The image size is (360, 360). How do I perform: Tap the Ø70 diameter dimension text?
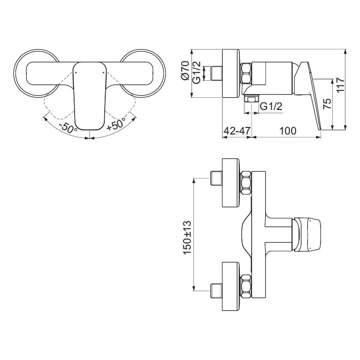(185, 72)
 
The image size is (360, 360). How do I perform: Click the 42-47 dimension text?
(236, 131)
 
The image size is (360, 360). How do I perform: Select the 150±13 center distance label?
(187, 238)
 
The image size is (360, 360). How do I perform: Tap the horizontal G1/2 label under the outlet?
(271, 107)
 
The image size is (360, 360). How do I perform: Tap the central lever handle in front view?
(90, 94)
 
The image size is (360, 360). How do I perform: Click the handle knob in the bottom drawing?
(310, 234)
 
